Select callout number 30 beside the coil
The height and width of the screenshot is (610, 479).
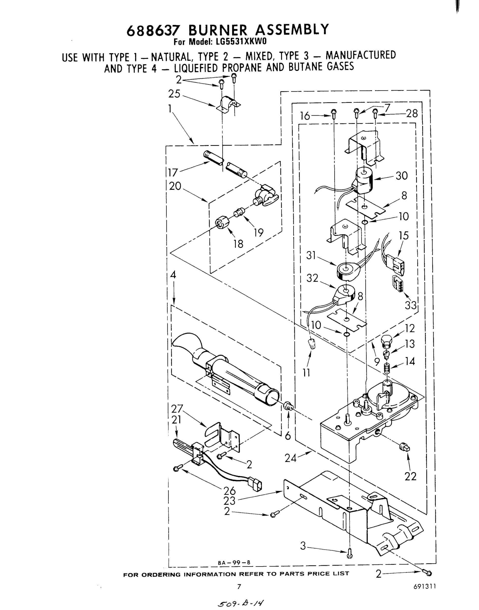401,176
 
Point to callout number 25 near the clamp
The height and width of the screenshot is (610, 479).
174,94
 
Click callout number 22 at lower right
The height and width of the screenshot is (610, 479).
410,476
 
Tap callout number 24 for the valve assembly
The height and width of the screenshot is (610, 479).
290,458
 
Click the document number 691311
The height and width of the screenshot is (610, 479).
424,586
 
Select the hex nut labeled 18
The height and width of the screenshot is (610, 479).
222,223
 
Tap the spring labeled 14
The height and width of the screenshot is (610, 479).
387,367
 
